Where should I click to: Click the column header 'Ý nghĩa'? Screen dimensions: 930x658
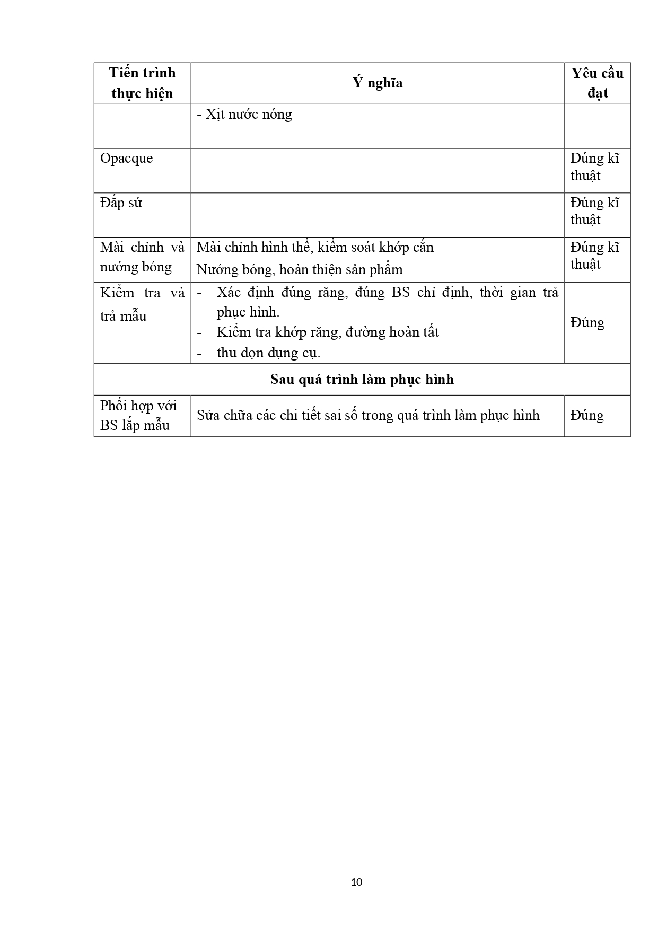tap(378, 83)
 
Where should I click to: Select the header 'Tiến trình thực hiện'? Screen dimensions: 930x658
tap(142, 83)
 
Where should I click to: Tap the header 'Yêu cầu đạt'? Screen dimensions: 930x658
tap(597, 83)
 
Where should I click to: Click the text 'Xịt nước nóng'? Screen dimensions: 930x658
tap(244, 115)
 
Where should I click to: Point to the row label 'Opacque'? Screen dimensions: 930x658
tap(126, 159)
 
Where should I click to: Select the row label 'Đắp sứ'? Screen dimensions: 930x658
tap(121, 203)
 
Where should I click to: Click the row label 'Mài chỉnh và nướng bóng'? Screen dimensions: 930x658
tap(142, 257)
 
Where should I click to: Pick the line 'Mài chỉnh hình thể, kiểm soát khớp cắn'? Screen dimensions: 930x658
tap(315, 248)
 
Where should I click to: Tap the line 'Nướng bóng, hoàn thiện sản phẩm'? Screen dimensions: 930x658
tap(300, 269)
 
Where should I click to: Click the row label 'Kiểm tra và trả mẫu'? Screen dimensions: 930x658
tap(142, 304)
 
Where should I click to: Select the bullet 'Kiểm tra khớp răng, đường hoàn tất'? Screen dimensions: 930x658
tap(328, 332)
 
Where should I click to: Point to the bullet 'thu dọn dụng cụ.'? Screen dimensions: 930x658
tap(268, 353)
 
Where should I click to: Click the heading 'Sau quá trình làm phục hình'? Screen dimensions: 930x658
tap(362, 380)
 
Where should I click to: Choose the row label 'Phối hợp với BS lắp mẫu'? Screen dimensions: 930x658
tap(138, 416)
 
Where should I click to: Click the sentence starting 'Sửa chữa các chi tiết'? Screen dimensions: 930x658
tap(368, 415)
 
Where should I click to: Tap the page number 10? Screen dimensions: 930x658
tap(357, 882)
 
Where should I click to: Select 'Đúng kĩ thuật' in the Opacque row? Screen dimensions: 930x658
tap(594, 167)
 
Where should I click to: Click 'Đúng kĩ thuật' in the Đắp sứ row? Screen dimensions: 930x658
tap(594, 212)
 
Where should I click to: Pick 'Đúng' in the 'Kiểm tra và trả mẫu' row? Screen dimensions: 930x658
tap(587, 323)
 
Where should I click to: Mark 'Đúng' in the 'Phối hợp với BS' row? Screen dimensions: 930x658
tap(587, 415)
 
